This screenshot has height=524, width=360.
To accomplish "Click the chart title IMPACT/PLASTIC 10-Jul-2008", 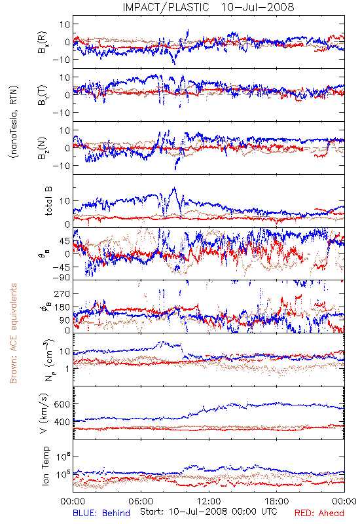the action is [x=209, y=7].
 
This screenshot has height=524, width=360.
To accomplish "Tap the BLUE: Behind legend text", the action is [x=101, y=514].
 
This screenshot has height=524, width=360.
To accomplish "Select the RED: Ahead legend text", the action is [x=319, y=514].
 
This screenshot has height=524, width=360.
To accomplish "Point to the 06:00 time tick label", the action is [x=141, y=501].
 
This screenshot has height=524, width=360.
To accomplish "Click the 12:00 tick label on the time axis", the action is [x=209, y=501].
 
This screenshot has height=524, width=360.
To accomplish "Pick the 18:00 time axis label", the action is [x=277, y=501].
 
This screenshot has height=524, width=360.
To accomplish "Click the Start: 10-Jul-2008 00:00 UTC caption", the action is [x=209, y=512].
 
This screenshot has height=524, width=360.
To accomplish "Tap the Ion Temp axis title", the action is [x=45, y=466].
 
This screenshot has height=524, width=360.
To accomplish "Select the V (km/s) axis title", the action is [x=45, y=413].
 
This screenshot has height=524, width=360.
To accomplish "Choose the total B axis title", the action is [x=48, y=201].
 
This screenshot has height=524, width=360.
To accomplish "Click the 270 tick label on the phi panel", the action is [x=62, y=294].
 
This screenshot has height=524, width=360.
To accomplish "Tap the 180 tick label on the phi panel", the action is [x=62, y=307].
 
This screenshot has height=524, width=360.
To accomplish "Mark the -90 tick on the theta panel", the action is [x=61, y=278].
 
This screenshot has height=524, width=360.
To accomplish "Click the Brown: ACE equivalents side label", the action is [x=13, y=333].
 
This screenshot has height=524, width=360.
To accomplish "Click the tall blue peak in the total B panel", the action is [x=174, y=188].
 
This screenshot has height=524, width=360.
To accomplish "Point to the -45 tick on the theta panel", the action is [x=61, y=267].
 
